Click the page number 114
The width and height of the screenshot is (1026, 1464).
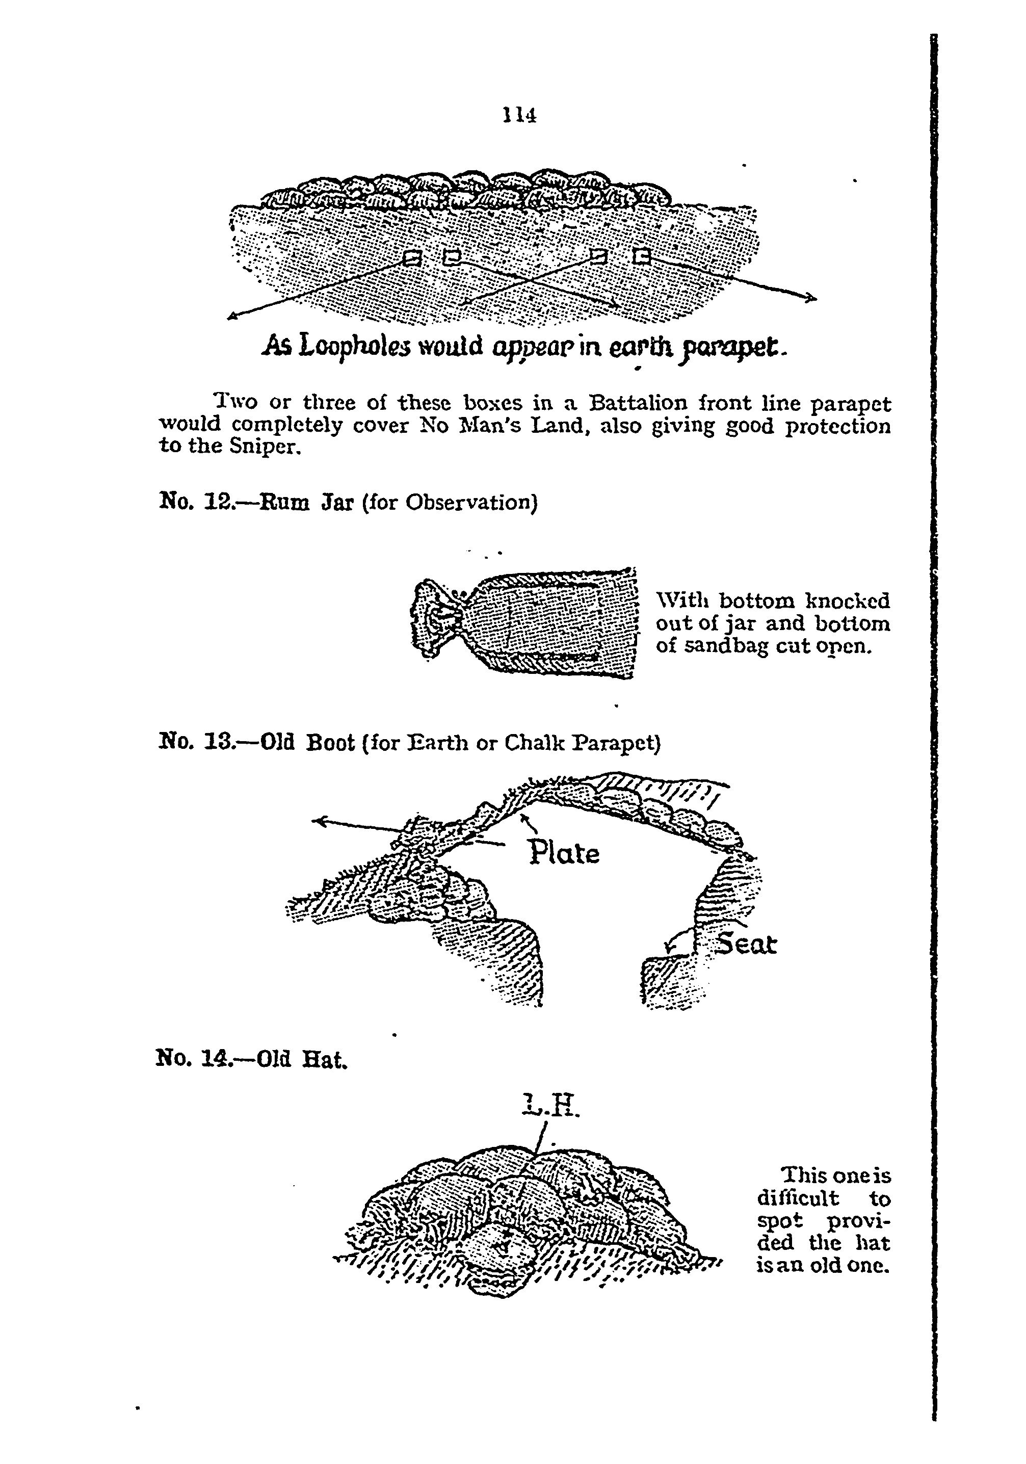click(519, 115)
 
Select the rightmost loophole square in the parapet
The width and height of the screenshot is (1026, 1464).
click(642, 256)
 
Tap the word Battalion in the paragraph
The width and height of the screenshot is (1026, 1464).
click(638, 404)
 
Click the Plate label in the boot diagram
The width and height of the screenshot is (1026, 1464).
click(564, 853)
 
